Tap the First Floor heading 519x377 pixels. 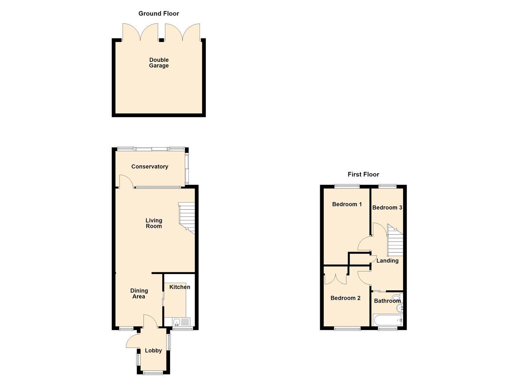click(363, 174)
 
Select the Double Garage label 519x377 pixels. click(159, 63)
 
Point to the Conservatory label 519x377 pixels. click(150, 167)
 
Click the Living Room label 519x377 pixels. click(154, 223)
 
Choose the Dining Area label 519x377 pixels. click(139, 294)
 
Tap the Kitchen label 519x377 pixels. click(180, 287)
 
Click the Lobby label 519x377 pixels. click(153, 350)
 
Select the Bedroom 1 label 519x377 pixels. click(347, 204)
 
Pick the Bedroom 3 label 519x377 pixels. click(387, 208)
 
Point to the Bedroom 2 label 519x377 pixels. click(345, 298)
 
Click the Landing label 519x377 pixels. click(387, 261)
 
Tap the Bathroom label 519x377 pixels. click(387, 301)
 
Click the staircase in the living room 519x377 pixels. click(187, 218)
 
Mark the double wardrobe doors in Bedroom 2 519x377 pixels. click(336, 279)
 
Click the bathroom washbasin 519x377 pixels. click(400, 308)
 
